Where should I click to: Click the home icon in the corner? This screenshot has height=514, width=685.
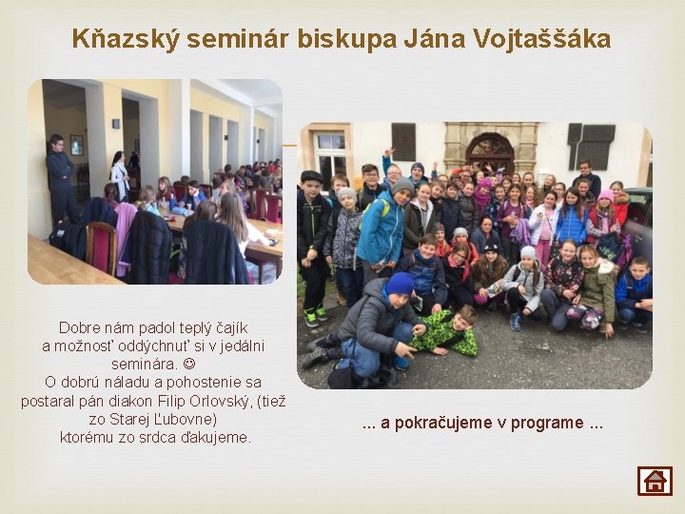click(x=655, y=481)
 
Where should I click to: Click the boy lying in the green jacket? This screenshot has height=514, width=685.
click(x=447, y=330)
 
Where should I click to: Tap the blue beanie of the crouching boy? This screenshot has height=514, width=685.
click(x=401, y=283)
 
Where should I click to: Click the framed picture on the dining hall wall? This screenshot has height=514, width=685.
click(x=76, y=145)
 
